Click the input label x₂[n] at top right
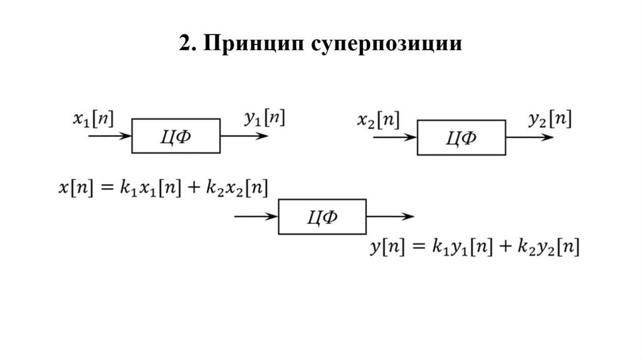tap(378, 119)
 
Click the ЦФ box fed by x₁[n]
tap(176, 135)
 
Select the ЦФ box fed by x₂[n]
tap(461, 137)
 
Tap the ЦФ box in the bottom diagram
tap(322, 217)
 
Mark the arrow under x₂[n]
tap(395, 137)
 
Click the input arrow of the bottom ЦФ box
tap(255, 217)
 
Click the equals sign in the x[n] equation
tap(103, 188)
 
